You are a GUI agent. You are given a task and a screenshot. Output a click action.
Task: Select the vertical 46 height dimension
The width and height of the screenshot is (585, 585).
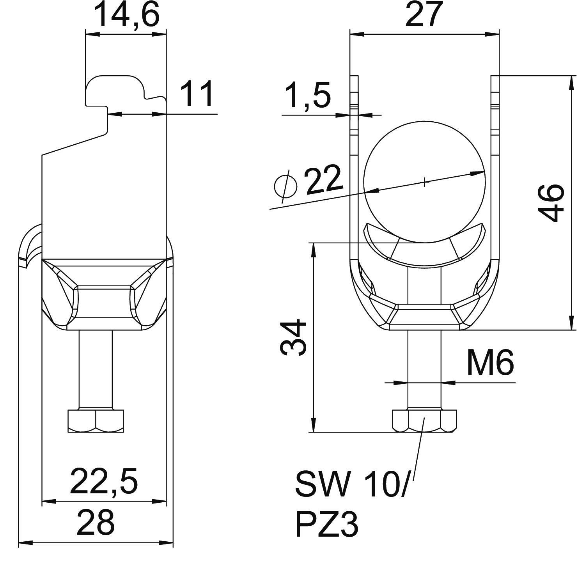pos(551,203)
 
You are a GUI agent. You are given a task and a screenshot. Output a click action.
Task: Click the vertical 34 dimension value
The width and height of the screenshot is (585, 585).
pos(293,337)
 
